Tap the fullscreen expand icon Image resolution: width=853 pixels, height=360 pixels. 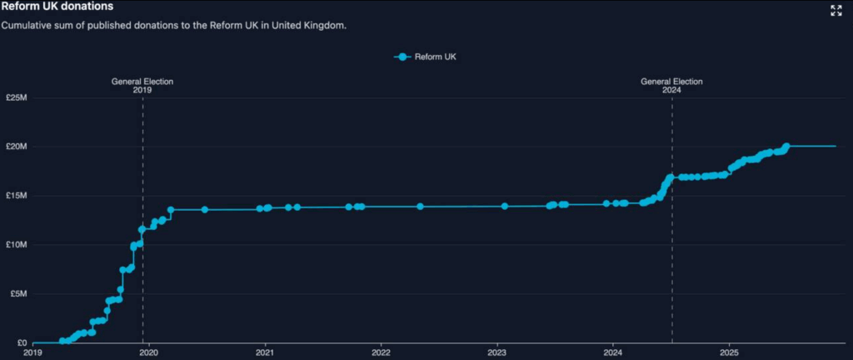(x=836, y=11)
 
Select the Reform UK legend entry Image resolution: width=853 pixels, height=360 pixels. (x=426, y=57)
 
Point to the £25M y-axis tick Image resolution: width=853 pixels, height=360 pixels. (x=17, y=98)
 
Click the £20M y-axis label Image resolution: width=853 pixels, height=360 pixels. (x=17, y=147)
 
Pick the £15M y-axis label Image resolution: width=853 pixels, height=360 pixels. (x=17, y=196)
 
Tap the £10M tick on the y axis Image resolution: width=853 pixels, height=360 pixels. (x=17, y=245)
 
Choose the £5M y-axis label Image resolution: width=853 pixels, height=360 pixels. (x=18, y=294)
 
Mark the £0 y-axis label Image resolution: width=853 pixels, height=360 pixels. (x=22, y=342)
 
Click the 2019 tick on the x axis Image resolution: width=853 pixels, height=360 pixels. (x=32, y=352)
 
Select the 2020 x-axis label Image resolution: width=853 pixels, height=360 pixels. (x=148, y=352)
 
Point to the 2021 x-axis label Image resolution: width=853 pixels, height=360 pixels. (x=265, y=352)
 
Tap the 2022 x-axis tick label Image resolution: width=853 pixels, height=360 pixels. (x=381, y=352)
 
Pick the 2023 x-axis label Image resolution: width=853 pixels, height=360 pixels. (x=497, y=352)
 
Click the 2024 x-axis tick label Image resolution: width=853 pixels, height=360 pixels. (x=613, y=352)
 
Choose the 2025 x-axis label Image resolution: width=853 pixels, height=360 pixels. (x=729, y=352)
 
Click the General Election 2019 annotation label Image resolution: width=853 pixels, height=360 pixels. (x=142, y=86)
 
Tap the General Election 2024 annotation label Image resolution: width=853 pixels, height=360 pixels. (x=671, y=86)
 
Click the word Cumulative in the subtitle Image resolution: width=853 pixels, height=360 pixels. (x=27, y=25)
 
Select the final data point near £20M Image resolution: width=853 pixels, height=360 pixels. (x=786, y=147)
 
